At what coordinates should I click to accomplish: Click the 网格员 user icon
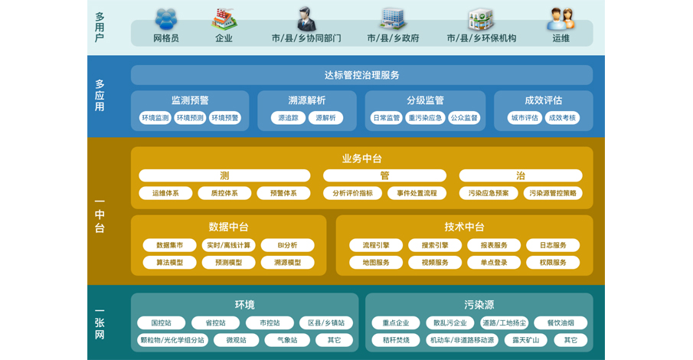coord(166,19)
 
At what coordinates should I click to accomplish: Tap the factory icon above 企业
coord(224,19)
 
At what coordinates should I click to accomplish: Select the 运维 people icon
coord(561,19)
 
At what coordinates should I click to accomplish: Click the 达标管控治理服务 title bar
coord(361,75)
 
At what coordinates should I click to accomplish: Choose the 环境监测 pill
coord(155,118)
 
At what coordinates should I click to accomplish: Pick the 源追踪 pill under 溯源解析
coord(288,118)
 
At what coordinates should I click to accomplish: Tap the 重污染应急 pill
coord(425,118)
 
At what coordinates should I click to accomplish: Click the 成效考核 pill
coord(562,118)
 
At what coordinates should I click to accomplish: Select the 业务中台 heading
coord(361,159)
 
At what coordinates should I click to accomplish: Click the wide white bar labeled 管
coord(384,175)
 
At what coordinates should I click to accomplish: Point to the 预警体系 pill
coord(283,193)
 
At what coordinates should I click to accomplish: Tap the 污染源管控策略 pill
coord(553,193)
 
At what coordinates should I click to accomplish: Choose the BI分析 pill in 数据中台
coord(287,245)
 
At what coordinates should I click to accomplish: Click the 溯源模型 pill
coord(287,262)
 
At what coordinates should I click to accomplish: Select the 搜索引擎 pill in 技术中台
coord(435,245)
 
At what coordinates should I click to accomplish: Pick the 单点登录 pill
coord(494,262)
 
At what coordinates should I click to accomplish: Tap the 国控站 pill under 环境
coord(162,322)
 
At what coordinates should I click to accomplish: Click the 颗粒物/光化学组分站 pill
coord(172,340)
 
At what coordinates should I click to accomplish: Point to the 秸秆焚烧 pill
coord(396,340)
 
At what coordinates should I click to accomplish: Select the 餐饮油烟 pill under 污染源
coord(561,322)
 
